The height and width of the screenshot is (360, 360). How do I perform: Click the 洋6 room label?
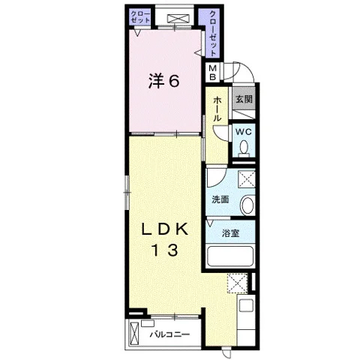point(163,80)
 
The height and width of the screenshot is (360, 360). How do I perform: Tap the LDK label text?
point(165,229)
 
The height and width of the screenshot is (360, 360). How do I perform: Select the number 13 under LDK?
point(165,250)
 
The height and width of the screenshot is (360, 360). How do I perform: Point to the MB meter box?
point(213,72)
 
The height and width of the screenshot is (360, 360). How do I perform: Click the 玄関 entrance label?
point(244,99)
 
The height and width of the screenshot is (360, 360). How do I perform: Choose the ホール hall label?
point(217,109)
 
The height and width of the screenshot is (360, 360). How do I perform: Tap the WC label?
point(243,132)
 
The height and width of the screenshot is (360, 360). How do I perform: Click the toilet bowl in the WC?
point(243,148)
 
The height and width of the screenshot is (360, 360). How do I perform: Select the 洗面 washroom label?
point(220,199)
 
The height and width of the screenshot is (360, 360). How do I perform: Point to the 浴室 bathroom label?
point(231,233)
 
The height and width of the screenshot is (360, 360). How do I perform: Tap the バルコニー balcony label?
point(169,334)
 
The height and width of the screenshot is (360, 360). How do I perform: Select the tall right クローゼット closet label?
point(213,33)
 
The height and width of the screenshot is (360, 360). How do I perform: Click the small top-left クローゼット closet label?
point(140,17)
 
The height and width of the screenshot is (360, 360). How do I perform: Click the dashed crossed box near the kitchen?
point(237,283)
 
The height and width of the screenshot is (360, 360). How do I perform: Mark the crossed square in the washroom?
point(246,179)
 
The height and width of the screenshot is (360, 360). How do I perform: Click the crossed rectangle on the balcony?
point(134,334)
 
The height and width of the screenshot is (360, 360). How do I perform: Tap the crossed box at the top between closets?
point(178,19)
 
